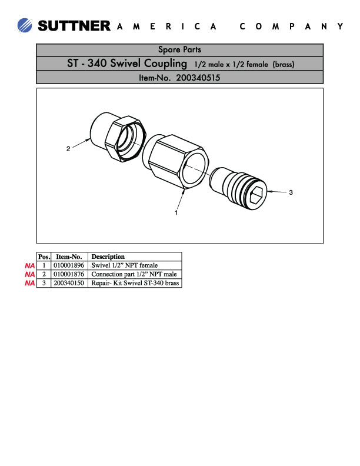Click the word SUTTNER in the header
pyautogui.click(x=74, y=26)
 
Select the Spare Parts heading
pyautogui.click(x=179, y=50)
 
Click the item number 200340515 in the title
pyautogui.click(x=198, y=77)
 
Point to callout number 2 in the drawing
pyautogui.click(x=68, y=149)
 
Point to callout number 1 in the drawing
pyautogui.click(x=176, y=213)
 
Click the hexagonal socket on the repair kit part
pyautogui.click(x=257, y=195)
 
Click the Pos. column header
pyautogui.click(x=44, y=257)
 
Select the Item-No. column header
pyautogui.click(x=69, y=257)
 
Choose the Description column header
pyautogui.click(x=108, y=257)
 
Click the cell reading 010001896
pyautogui.click(x=69, y=265)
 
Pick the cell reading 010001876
pyautogui.click(x=69, y=274)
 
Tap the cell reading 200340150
pyautogui.click(x=69, y=283)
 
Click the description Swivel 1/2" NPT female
pyautogui.click(x=125, y=265)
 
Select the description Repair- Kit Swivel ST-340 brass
pyautogui.click(x=135, y=283)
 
